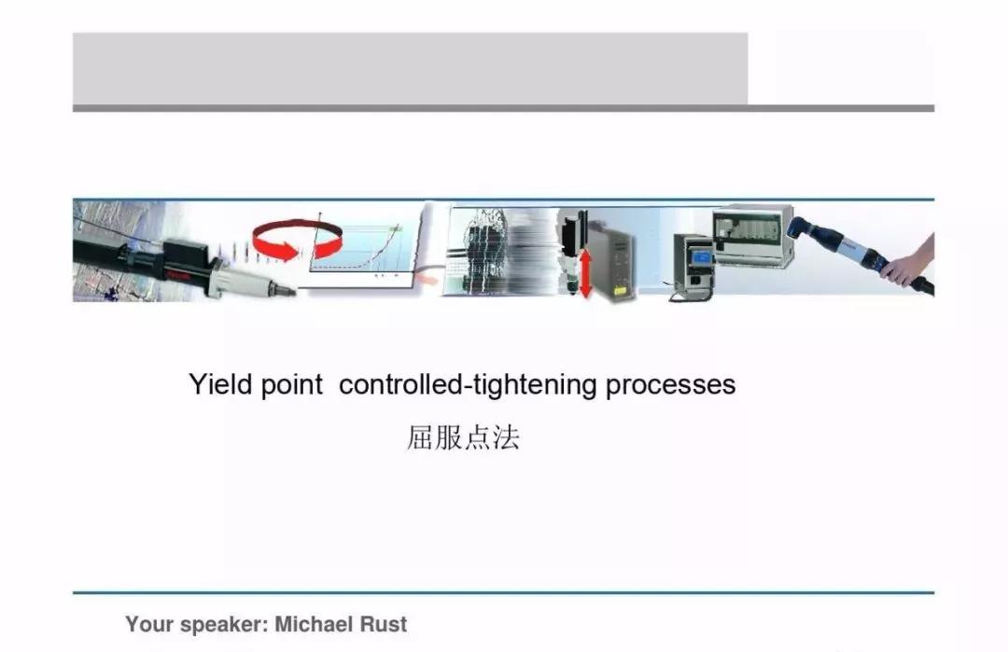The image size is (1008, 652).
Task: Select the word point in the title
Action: [x=291, y=385]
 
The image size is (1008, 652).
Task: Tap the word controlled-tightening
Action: [x=468, y=385]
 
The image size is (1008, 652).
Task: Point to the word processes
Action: [x=670, y=386]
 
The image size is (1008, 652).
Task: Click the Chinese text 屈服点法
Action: [x=463, y=438]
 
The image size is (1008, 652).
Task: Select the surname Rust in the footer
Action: [x=383, y=624]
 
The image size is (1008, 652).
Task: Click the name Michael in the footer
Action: [x=314, y=624]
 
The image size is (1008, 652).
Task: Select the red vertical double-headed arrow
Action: [x=585, y=274]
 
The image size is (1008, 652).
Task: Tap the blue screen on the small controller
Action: [x=702, y=257]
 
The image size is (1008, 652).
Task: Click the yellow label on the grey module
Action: [x=620, y=290]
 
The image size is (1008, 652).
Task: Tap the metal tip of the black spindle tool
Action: [x=283, y=289]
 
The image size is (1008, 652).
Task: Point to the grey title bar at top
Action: [x=410, y=69]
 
